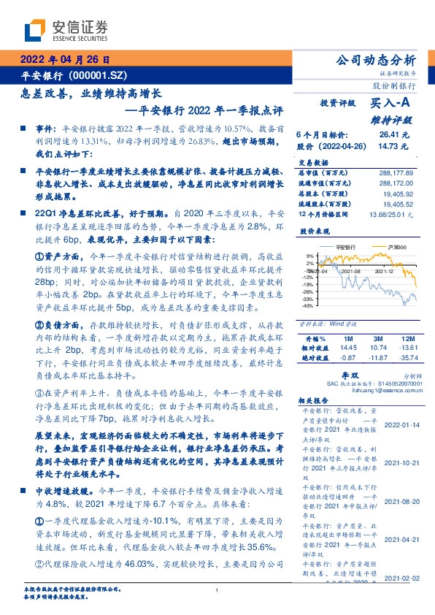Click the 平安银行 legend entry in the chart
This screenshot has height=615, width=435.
tap(342, 249)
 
